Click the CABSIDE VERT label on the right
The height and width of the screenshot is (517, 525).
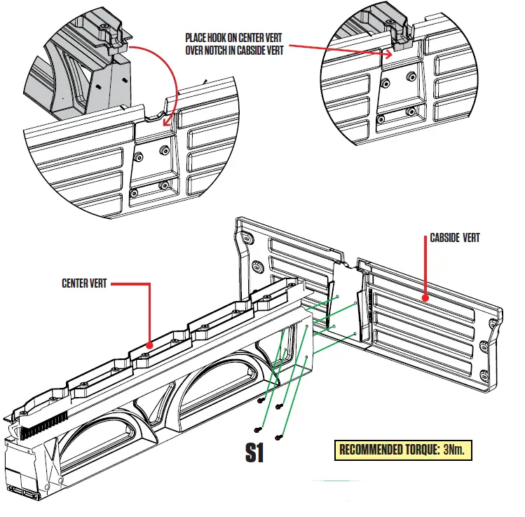pos(455,239)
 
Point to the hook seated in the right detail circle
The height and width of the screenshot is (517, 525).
pos(402,43)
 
